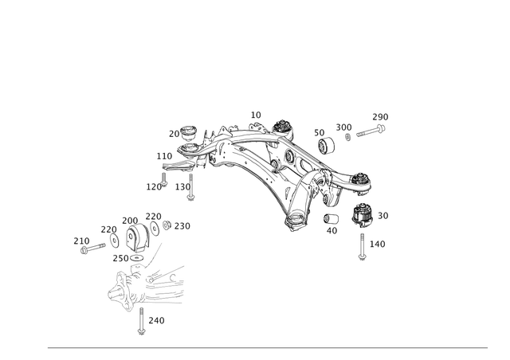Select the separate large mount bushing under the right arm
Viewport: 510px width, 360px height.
tap(363, 216)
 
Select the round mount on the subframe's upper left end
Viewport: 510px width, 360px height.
tap(190, 142)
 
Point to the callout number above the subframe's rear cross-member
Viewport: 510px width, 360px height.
tap(257, 114)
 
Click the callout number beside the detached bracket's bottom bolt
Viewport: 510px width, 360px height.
tap(157, 319)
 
